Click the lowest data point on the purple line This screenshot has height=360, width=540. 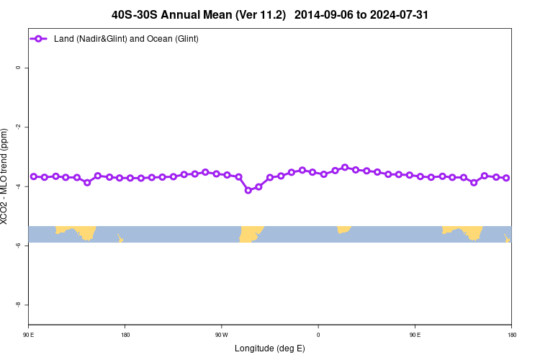[248, 190]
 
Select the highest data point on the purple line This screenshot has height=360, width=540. [345, 167]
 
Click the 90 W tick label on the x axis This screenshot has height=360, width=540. [221, 335]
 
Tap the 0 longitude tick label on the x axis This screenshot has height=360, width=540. [318, 335]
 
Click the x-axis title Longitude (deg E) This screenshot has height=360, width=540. [269, 348]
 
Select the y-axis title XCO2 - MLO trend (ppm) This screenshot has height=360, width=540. [6, 176]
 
